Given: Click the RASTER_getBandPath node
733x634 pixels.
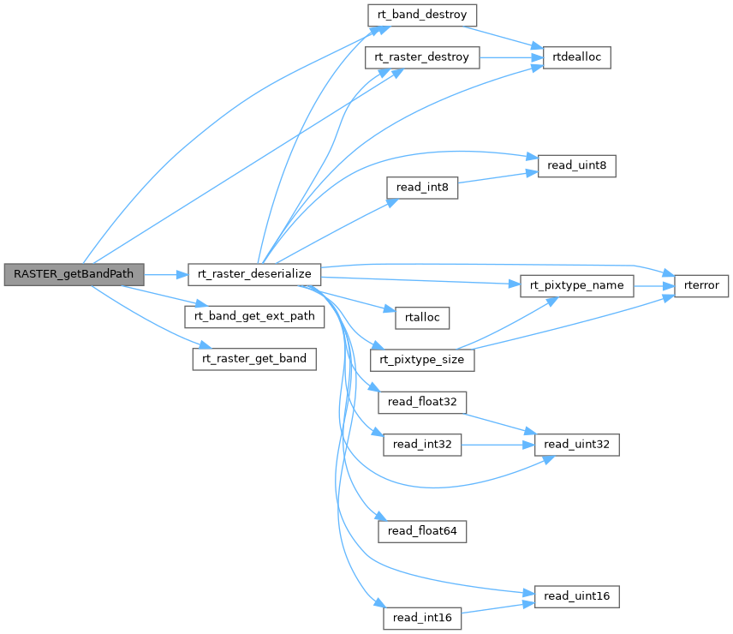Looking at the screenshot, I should tap(74, 275).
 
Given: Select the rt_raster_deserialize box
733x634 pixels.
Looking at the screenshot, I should tap(254, 274).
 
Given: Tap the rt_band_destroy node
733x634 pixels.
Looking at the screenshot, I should tap(421, 15).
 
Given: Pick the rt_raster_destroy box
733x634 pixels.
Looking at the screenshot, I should tap(421, 57).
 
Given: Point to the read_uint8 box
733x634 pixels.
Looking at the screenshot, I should tap(576, 166).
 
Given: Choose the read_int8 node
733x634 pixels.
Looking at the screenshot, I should tap(422, 188).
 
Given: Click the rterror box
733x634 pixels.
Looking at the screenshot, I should tap(701, 285).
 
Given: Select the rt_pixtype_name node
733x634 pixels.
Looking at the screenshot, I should tap(576, 285).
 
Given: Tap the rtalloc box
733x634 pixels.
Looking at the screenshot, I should tap(416, 317).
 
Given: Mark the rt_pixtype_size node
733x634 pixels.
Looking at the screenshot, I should tap(421, 360).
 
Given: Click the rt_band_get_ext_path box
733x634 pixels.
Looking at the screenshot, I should tap(254, 316).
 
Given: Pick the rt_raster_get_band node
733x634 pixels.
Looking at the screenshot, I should tap(254, 359).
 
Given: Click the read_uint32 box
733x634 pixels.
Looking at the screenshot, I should tap(576, 445).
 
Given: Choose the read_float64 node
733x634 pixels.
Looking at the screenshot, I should tap(422, 531).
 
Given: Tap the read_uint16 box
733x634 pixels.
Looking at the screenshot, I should tap(576, 595).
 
